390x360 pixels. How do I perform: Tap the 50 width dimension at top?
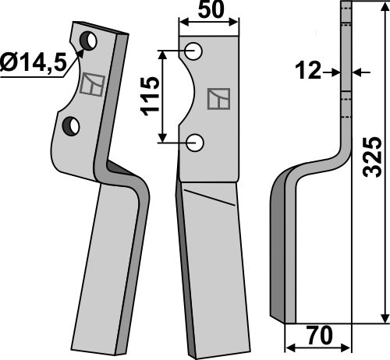[x=209, y=12]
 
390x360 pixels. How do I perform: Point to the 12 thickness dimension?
[x=310, y=72]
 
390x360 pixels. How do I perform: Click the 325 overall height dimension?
[x=374, y=160]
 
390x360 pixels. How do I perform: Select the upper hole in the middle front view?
[x=195, y=52]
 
